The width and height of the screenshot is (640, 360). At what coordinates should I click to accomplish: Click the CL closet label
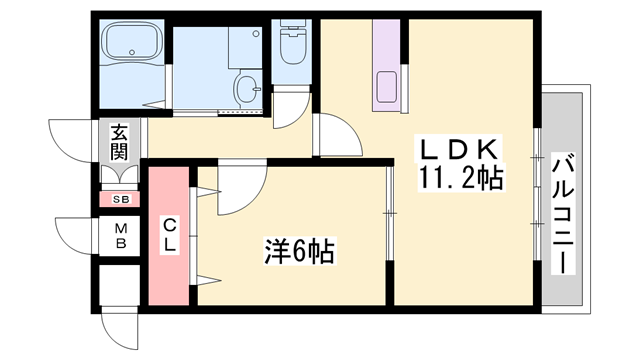[x=169, y=236]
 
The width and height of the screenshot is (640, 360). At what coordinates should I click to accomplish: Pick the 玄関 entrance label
[x=119, y=143]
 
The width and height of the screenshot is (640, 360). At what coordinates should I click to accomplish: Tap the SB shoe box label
[x=120, y=200]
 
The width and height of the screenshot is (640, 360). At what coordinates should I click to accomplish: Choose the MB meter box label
[x=119, y=235]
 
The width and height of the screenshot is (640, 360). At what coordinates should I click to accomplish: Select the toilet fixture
[x=293, y=45]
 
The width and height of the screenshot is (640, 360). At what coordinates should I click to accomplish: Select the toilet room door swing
[x=293, y=108]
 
